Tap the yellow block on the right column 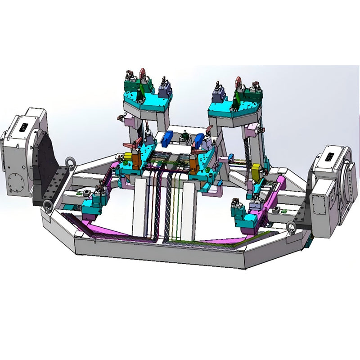click(257, 171)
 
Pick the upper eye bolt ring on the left click(70, 162)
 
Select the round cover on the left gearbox click(17, 180)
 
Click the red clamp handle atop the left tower click(143, 73)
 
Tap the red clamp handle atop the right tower click(238, 83)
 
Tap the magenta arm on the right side click(274, 198)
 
